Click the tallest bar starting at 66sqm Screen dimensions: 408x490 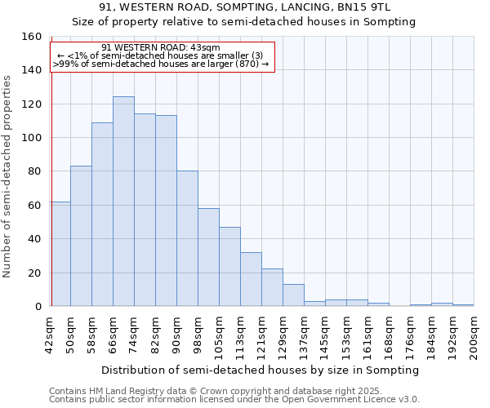pos(123,202)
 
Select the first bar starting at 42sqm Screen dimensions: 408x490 pos(60,254)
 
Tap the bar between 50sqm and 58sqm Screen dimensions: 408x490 pos(81,236)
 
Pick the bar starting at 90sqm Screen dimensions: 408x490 pos(187,238)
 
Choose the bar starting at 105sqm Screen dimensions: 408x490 pos(229,266)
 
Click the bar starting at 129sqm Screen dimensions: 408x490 pos(293,295)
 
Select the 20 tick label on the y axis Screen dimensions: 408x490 pos(35,273)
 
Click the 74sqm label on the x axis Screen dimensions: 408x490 pos(134,333)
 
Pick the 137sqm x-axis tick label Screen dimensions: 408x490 pos(304,335)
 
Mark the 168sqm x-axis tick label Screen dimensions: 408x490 pos(389,335)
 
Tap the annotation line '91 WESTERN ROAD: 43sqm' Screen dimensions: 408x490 pos(161,48)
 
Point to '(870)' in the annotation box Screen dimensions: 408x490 pos(247,64)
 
